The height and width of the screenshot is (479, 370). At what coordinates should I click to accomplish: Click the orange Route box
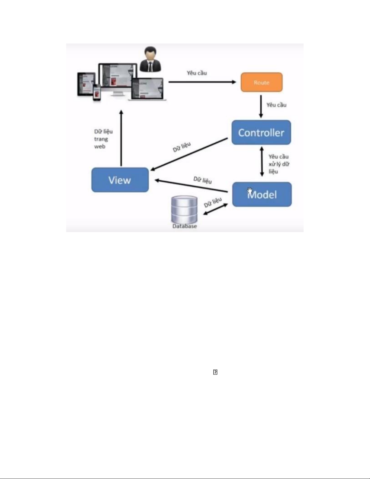click(x=262, y=82)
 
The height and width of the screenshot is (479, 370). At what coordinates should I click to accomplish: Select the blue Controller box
click(x=261, y=132)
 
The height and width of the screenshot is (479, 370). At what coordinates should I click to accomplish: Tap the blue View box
click(x=120, y=180)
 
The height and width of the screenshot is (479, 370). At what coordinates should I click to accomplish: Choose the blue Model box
click(x=262, y=195)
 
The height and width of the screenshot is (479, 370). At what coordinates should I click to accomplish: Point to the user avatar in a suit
click(x=150, y=59)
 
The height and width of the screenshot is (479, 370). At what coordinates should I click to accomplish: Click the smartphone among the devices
click(x=97, y=92)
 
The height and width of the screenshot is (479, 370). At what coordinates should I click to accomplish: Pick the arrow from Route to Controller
click(x=261, y=106)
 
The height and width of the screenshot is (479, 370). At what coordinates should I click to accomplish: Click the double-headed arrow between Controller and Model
click(x=262, y=161)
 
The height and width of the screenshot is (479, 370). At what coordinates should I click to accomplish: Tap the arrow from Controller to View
click(x=189, y=154)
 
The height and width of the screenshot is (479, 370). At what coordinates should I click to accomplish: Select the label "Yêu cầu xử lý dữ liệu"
click(x=278, y=164)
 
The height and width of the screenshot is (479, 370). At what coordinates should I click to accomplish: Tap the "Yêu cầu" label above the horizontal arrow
click(x=197, y=73)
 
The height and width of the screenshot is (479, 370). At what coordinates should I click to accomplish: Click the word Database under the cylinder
click(x=185, y=226)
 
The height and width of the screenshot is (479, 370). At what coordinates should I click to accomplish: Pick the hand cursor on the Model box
click(x=250, y=191)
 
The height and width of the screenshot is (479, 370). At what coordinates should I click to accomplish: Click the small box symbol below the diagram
click(x=215, y=372)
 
